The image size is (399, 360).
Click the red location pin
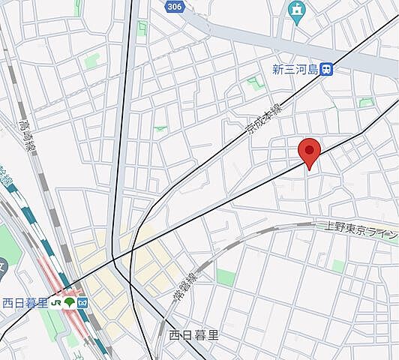[310, 151]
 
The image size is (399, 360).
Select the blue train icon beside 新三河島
[326, 69]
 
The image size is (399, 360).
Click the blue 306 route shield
[173, 6]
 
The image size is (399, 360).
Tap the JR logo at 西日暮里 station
[57, 303]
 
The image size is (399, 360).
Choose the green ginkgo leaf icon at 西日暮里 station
[70, 303]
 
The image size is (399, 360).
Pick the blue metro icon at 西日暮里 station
[82, 303]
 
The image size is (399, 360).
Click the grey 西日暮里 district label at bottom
[193, 335]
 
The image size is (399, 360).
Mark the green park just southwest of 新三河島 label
[256, 83]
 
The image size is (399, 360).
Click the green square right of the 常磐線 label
[226, 277]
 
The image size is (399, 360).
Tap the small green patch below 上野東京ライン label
[338, 265]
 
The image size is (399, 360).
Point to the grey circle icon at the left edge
[2, 264]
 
